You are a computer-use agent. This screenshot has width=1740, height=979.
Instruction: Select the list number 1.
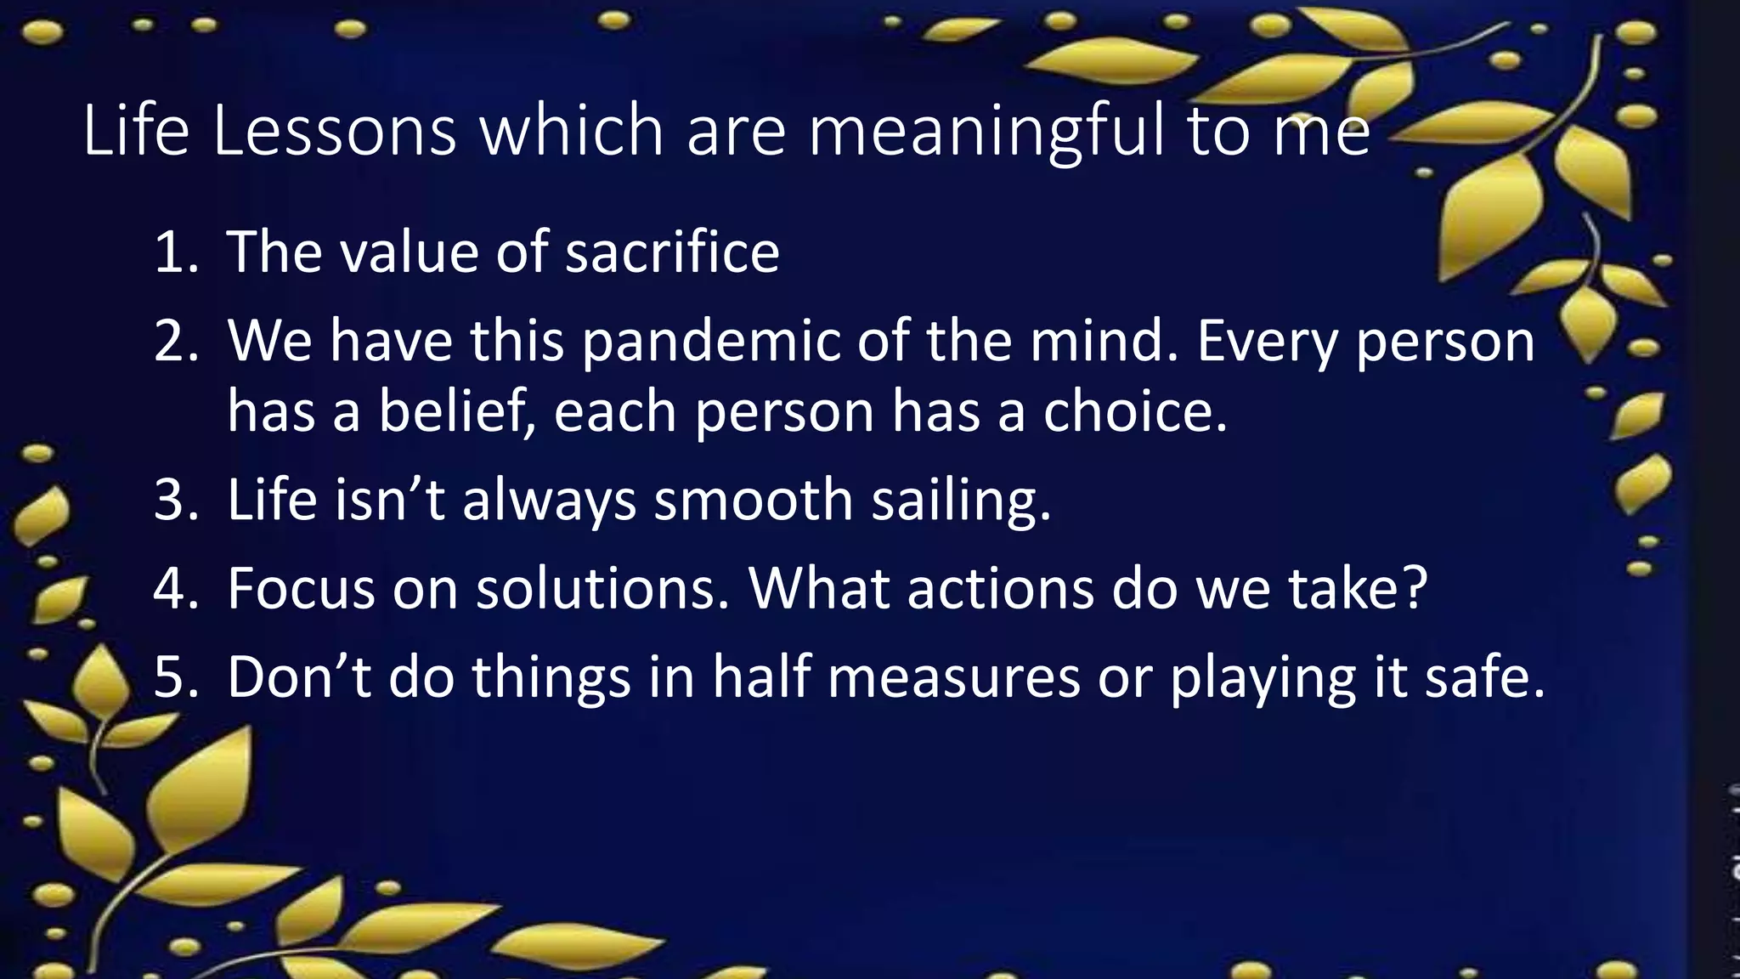173,252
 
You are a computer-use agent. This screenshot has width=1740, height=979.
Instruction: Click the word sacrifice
672,252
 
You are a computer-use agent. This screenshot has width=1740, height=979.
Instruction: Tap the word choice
1135,412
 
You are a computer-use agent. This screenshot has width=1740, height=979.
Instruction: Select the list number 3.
175,500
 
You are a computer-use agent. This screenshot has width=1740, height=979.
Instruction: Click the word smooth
753,500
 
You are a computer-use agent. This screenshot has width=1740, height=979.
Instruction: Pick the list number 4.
175,589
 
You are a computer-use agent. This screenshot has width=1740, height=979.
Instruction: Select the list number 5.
175,678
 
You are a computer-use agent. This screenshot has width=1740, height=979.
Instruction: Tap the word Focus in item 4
301,589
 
